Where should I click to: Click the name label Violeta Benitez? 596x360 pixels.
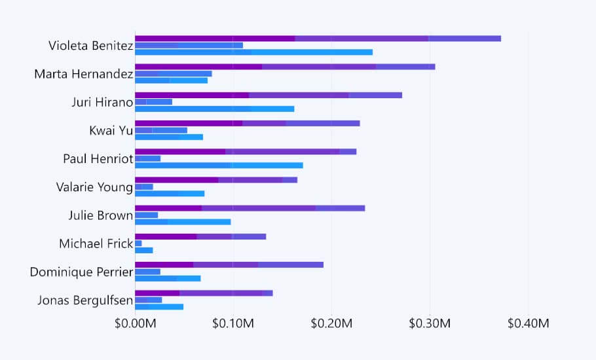[x=90, y=46]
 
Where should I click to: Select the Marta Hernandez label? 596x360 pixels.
[x=83, y=74]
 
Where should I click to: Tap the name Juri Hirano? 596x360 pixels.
[x=102, y=102]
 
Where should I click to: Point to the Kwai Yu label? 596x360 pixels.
[x=111, y=130]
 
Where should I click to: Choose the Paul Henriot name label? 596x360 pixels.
[x=98, y=158]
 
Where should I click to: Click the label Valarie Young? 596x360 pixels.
[x=94, y=187]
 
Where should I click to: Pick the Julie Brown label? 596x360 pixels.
[x=100, y=215]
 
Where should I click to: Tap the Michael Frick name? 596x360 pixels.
[x=96, y=243]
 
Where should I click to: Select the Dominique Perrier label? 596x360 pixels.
[x=81, y=272]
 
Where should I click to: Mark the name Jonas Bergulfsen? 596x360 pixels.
[x=85, y=300]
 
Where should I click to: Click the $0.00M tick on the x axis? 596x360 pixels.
[x=135, y=323]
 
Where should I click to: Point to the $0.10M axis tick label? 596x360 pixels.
[x=233, y=323]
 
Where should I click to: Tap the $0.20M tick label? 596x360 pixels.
[x=331, y=323]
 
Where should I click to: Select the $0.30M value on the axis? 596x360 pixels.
[x=430, y=323]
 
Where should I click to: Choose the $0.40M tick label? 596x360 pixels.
[x=528, y=323]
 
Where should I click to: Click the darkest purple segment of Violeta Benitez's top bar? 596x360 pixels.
[x=215, y=39]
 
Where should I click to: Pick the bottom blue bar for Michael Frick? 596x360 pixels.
[x=144, y=250]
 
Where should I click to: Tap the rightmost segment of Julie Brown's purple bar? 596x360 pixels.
[x=340, y=208]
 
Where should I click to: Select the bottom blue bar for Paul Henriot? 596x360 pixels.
[x=219, y=166]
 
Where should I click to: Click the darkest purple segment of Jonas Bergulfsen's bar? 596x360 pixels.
[x=157, y=293]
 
